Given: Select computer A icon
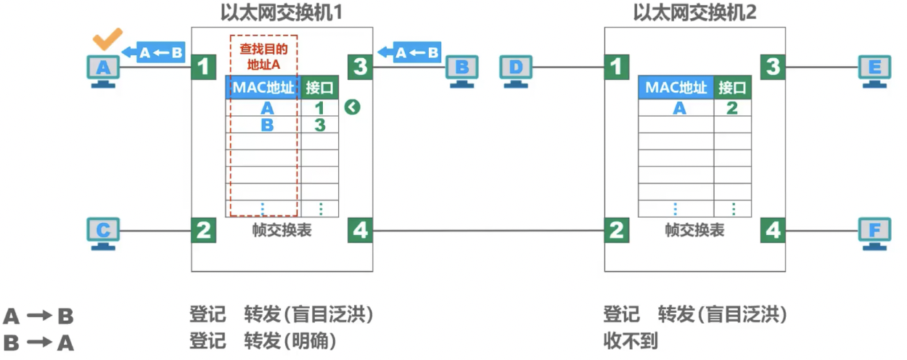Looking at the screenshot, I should pyautogui.click(x=103, y=70).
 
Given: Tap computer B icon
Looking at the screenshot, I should pyautogui.click(x=461, y=70).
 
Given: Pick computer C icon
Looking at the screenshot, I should pyautogui.click(x=103, y=232).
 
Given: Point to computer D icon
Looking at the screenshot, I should pyautogui.click(x=515, y=70).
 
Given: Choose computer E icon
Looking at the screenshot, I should pyautogui.click(x=874, y=70).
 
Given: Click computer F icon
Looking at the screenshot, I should pyautogui.click(x=874, y=232).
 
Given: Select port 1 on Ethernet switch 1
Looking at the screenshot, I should pyautogui.click(x=204, y=67).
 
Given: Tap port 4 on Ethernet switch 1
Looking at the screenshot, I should pyautogui.click(x=360, y=232).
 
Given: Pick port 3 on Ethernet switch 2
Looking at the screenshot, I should pyautogui.click(x=773, y=67).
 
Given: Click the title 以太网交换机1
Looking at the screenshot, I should pyautogui.click(x=281, y=13).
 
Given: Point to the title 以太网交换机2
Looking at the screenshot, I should pyautogui.click(x=694, y=13).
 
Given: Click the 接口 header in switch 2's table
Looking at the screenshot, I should pyautogui.click(x=732, y=88).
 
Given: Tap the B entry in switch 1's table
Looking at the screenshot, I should pyautogui.click(x=267, y=124).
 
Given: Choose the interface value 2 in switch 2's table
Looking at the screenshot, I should pyautogui.click(x=732, y=108).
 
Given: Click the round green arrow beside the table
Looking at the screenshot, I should pyautogui.click(x=353, y=108).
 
